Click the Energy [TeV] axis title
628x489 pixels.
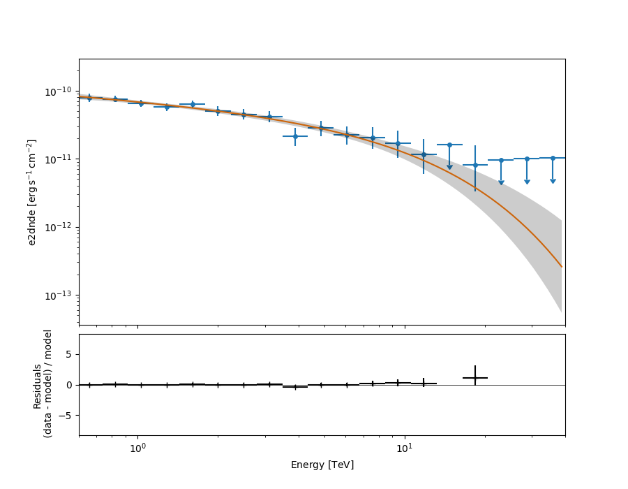322,465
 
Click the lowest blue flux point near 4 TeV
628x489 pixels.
295,136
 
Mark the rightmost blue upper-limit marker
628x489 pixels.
553,158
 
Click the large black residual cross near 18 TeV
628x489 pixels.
475,377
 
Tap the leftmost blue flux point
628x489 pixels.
89,98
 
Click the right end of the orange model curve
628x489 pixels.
562,267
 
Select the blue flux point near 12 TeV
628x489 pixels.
424,154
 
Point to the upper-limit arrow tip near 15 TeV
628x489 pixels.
449,168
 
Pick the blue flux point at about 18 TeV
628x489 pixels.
475,166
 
